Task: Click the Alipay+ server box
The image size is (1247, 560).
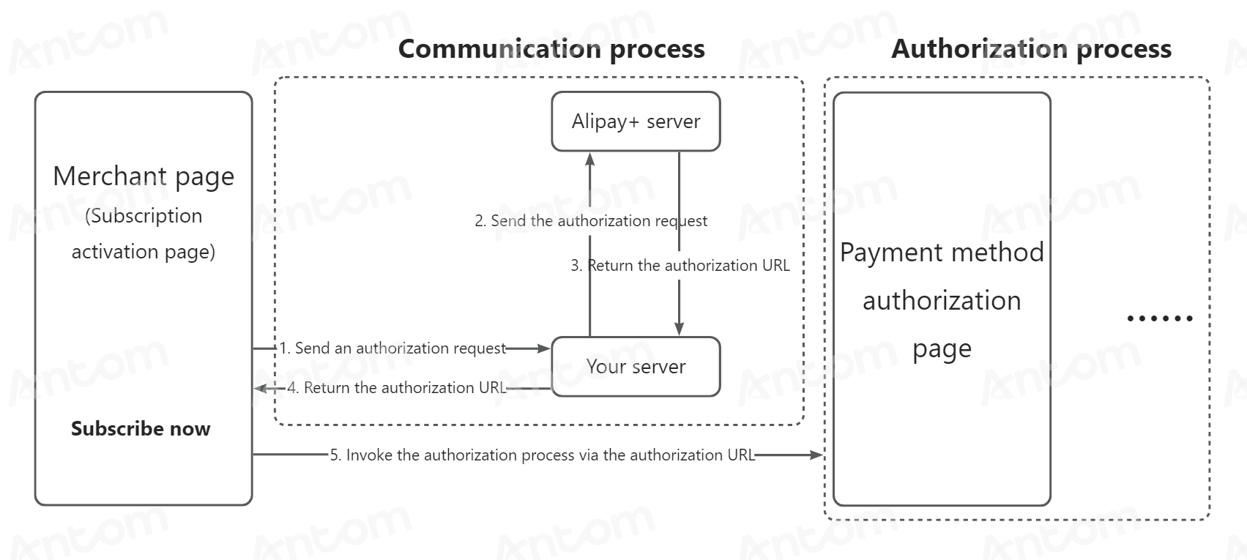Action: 636,122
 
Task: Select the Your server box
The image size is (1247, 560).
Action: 636,366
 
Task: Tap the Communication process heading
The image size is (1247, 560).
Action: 551,50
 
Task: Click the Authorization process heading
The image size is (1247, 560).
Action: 1031,50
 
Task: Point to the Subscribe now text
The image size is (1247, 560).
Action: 141,429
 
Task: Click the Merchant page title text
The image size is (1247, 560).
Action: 144,177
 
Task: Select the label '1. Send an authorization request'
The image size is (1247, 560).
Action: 392,348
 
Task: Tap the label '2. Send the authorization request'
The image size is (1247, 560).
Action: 591,221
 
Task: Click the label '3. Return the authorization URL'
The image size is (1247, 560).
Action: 680,266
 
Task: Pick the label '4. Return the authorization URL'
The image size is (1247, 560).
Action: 397,387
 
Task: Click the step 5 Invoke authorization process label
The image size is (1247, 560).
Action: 543,455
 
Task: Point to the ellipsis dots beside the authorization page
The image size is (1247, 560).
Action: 1160,318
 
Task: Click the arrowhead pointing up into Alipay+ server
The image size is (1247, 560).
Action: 590,159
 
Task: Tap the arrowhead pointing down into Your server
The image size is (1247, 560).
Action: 680,329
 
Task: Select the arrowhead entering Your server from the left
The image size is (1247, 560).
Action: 543,348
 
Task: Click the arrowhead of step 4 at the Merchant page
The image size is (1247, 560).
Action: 261,388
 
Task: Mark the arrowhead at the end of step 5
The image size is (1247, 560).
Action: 816,455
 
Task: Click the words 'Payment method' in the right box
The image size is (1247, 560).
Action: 942,253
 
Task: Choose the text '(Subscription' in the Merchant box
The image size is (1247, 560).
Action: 144,216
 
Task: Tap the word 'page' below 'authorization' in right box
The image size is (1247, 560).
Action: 942,350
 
